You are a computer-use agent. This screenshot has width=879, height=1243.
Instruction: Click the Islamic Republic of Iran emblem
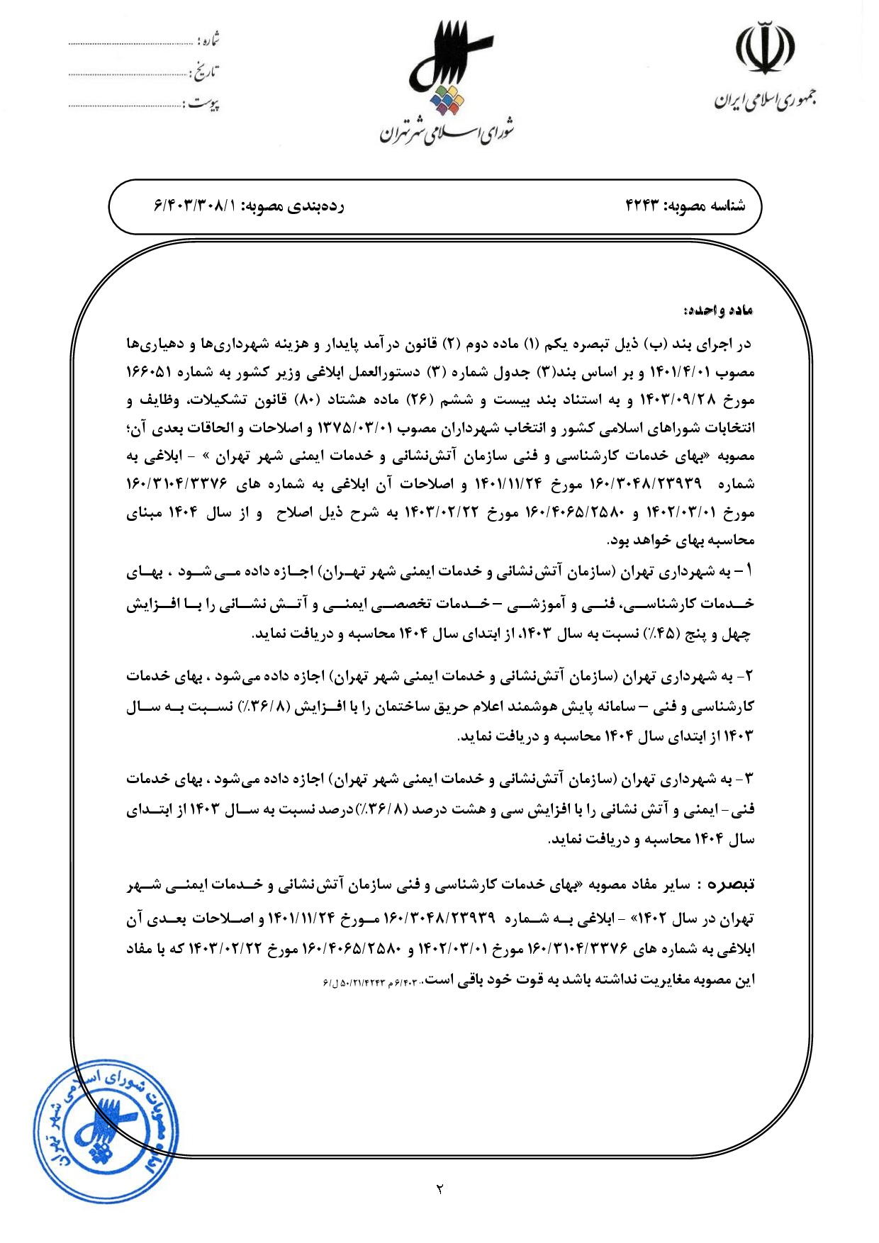765,47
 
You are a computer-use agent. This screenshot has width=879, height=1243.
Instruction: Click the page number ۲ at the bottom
439,1188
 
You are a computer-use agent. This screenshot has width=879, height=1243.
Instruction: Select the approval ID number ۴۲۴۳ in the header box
642,206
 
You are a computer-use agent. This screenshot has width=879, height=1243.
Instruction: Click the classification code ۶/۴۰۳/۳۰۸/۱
194,206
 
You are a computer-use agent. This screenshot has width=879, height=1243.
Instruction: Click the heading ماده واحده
717,310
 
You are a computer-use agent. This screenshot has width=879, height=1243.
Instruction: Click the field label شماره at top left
208,40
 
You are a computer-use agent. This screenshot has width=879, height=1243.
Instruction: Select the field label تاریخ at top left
206,72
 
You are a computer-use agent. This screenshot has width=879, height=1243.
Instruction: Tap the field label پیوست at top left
203,104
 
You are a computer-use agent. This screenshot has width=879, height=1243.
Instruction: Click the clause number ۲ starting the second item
749,676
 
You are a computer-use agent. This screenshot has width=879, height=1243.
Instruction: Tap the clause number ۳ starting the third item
749,779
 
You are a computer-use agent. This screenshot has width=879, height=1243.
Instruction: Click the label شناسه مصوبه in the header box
713,206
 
